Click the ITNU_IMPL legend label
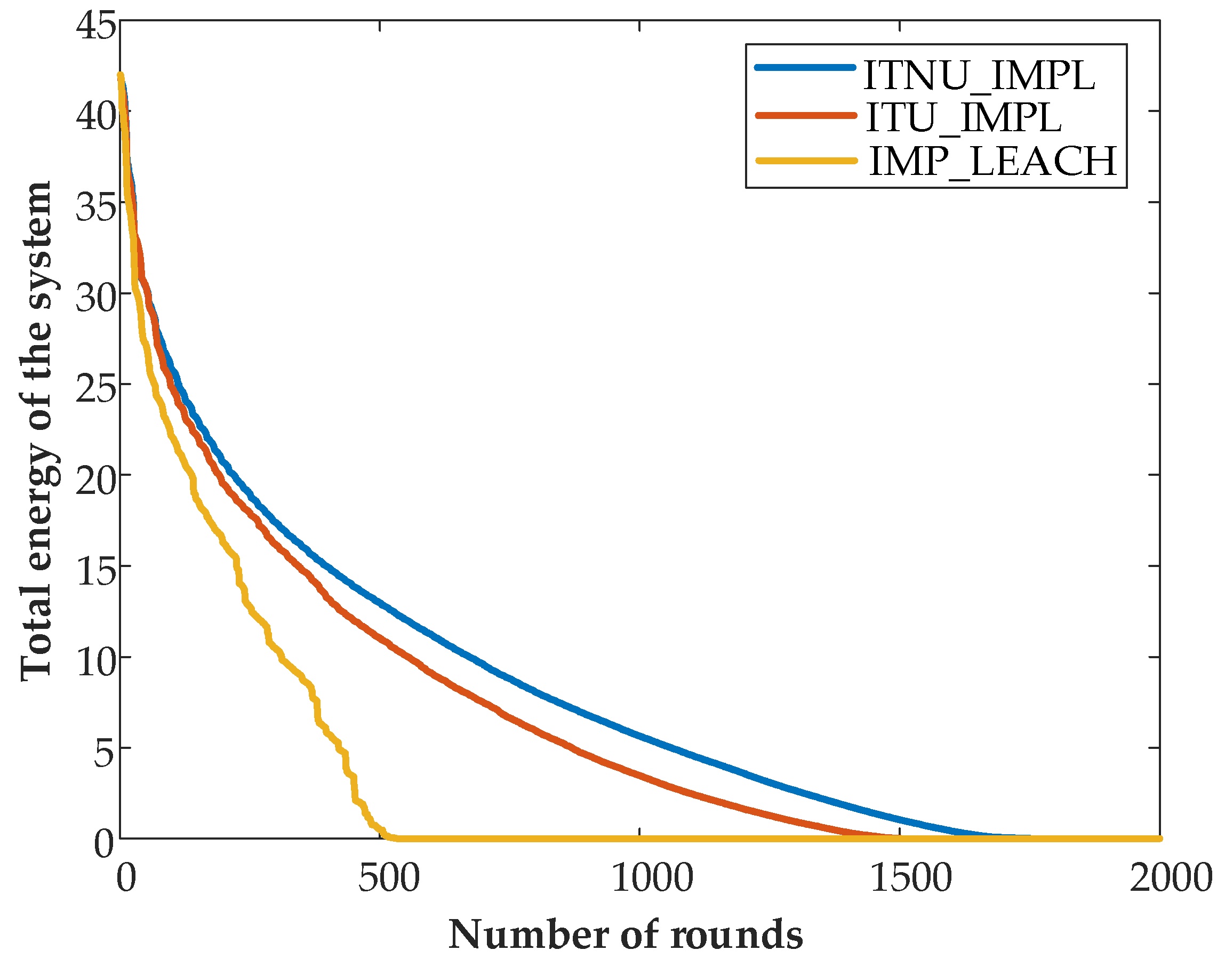[x=979, y=76]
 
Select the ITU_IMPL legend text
[x=963, y=118]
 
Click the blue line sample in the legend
[x=805, y=67]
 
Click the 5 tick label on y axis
[x=105, y=753]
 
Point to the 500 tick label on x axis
[x=389, y=879]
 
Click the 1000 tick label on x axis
[x=652, y=879]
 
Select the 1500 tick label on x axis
[x=911, y=879]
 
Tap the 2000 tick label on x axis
[x=1171, y=879]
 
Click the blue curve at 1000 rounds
[x=639, y=735]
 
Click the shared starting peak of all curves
[x=121, y=76]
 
